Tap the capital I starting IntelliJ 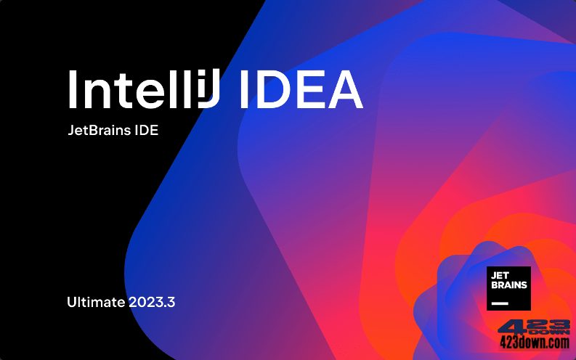73,91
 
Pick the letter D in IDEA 269,91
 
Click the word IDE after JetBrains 145,131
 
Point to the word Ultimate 96,303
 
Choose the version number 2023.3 153,303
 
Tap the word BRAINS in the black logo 509,285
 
